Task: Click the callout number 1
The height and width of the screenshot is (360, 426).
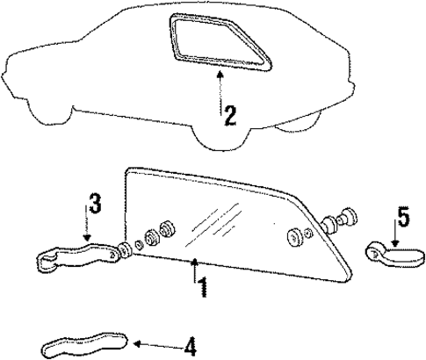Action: (203, 286)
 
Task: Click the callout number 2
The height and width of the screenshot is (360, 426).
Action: (229, 115)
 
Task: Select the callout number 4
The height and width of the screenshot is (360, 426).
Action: (190, 346)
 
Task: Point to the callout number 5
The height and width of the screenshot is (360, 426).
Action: (403, 213)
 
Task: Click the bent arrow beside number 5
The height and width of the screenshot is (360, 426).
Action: (396, 239)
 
